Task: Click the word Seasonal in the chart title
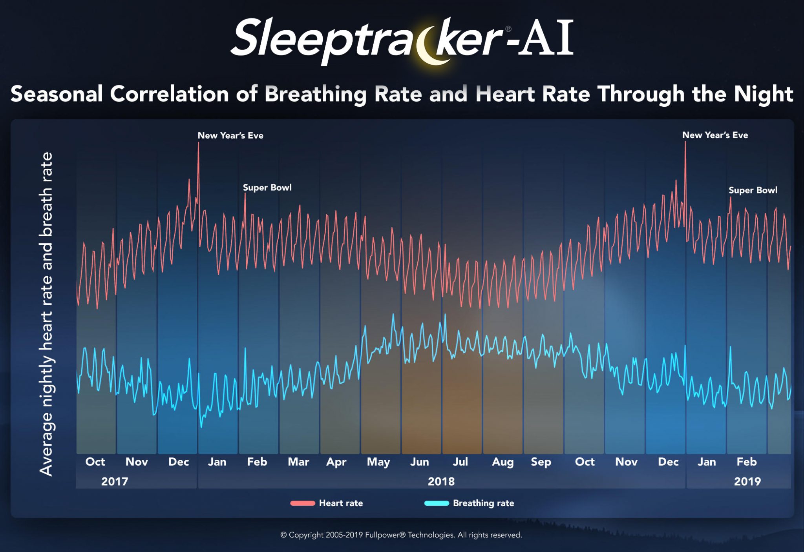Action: tap(57, 94)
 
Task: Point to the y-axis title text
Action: tap(46, 314)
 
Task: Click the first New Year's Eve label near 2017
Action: tap(230, 136)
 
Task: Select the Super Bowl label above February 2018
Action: tap(267, 188)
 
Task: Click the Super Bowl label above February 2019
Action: tap(753, 190)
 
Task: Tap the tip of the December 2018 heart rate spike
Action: tap(685, 142)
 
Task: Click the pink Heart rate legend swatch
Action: tap(302, 503)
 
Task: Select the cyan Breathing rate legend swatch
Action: tap(437, 503)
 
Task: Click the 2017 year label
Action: tap(115, 481)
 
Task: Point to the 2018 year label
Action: tap(441, 481)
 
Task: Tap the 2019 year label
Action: tap(747, 481)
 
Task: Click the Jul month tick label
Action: tap(460, 462)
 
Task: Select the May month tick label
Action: tap(378, 462)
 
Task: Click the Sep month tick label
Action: tap(541, 462)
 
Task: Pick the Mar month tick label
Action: tap(298, 462)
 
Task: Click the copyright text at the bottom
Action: tap(401, 535)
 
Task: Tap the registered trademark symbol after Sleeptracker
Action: tap(508, 29)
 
